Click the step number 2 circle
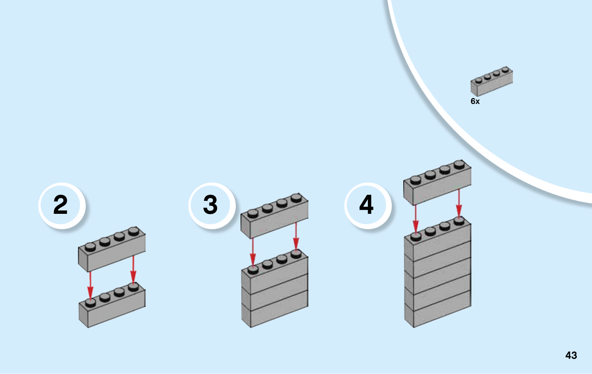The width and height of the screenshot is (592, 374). pos(61,205)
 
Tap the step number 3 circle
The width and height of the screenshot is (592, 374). pos(211,205)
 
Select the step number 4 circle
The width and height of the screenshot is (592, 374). pos(367,205)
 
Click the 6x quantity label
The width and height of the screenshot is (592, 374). pos(475,101)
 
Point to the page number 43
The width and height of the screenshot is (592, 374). pos(571,356)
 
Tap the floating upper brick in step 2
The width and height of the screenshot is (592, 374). pos(112,252)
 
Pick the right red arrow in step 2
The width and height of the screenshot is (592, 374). pos(133,270)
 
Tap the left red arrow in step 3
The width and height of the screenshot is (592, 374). pos(253,252)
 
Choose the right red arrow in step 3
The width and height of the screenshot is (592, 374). pos(296,237)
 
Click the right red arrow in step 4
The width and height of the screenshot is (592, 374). pos(459,203)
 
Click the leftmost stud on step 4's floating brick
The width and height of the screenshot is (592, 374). pos(416,180)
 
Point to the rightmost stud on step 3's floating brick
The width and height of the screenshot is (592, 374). pos(296,198)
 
